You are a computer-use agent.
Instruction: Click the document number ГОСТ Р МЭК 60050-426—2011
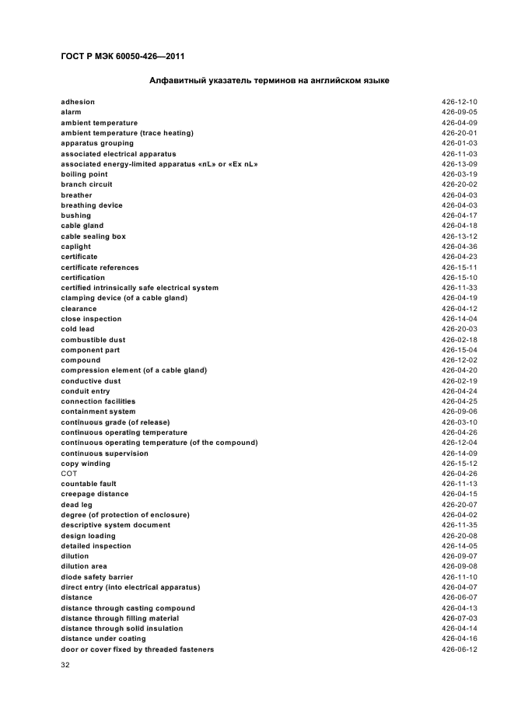click(x=122, y=56)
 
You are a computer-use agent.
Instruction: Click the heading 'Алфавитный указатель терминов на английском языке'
click(x=269, y=81)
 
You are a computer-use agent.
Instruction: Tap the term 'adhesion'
click(x=78, y=102)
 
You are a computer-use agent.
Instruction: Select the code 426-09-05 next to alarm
click(x=459, y=112)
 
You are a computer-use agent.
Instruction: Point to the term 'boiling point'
click(x=84, y=174)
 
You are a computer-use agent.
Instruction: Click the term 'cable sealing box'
click(x=93, y=236)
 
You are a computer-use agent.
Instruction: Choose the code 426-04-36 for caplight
click(x=459, y=247)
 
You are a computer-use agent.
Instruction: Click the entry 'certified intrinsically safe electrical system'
click(x=140, y=288)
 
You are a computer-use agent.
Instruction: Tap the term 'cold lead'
click(x=78, y=329)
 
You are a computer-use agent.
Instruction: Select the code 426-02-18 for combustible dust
click(x=459, y=340)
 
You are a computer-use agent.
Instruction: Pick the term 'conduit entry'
click(x=86, y=391)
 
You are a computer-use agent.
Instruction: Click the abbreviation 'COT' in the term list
click(x=69, y=474)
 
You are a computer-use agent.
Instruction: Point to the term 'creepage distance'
click(x=95, y=494)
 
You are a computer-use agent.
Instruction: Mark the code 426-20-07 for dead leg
click(x=459, y=505)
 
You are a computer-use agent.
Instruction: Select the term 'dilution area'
click(x=84, y=566)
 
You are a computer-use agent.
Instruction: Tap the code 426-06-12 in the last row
click(x=459, y=649)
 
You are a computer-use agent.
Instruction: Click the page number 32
click(x=65, y=666)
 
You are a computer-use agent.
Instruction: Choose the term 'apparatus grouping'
click(x=97, y=143)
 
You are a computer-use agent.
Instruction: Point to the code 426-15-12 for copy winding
click(x=459, y=464)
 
